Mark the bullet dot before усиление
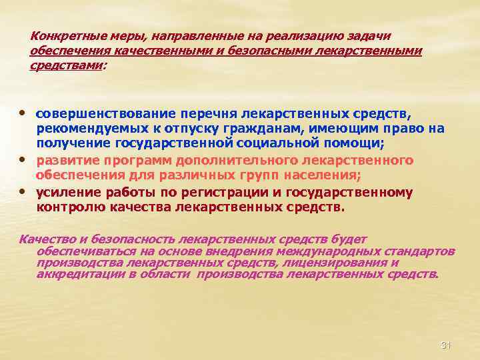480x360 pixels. pyautogui.click(x=24, y=191)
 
